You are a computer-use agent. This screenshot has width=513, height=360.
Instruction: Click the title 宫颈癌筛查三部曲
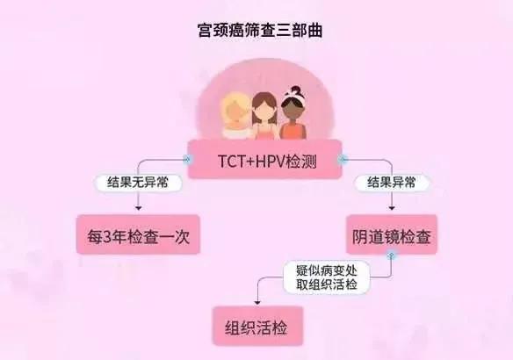pos(260,30)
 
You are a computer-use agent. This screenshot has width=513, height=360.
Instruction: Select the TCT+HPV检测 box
pos(265,159)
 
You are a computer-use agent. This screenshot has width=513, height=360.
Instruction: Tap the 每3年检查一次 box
pos(138,234)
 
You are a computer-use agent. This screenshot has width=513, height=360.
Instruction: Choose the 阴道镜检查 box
pos(392,234)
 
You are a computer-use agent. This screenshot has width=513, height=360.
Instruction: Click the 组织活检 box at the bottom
pos(257,326)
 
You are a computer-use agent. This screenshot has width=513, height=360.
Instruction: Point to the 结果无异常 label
pos(138,183)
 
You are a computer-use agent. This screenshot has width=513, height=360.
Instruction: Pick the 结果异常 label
pos(392,183)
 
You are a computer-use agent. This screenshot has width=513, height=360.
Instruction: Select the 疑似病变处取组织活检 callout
pos(327,277)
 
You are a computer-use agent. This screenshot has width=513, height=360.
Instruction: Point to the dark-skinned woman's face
pos(292,112)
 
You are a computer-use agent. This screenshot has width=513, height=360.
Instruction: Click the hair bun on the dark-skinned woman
pos(296,90)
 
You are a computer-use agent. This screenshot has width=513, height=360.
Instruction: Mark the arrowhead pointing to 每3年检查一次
pos(139,208)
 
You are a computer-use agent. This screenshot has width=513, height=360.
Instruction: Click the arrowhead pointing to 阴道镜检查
pos(392,208)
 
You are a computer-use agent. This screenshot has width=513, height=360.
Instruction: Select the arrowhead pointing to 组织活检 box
pos(257,303)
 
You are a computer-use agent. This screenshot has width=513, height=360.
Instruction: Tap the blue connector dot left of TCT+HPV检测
pos(187,160)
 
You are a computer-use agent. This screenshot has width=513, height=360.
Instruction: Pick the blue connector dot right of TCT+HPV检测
pos(343,160)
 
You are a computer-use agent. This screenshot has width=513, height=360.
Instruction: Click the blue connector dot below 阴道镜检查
pos(391,256)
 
